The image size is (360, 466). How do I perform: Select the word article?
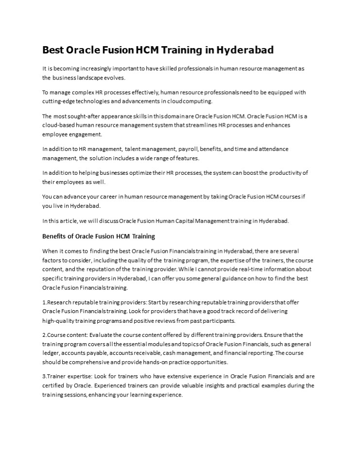coord(68,220)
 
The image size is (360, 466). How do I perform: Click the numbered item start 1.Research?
coord(61,302)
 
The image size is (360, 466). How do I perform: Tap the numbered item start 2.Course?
coord(57,335)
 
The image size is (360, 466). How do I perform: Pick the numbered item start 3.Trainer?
coord(59,376)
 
